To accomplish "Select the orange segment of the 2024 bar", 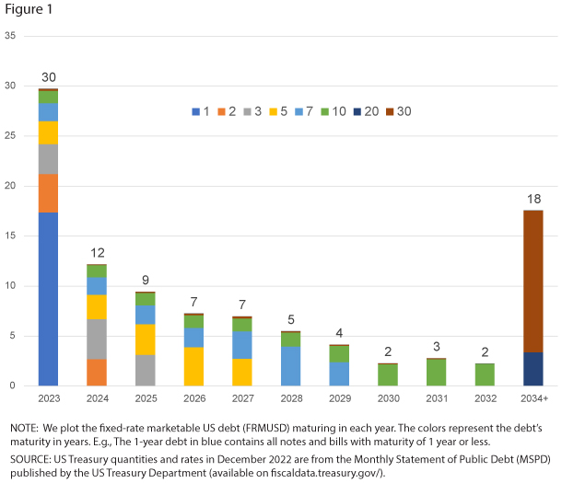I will (x=97, y=372).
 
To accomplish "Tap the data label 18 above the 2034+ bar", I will (x=533, y=200).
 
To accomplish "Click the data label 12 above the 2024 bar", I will (x=97, y=253).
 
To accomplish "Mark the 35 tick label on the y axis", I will (x=11, y=36).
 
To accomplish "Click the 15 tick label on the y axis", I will (x=11, y=236).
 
